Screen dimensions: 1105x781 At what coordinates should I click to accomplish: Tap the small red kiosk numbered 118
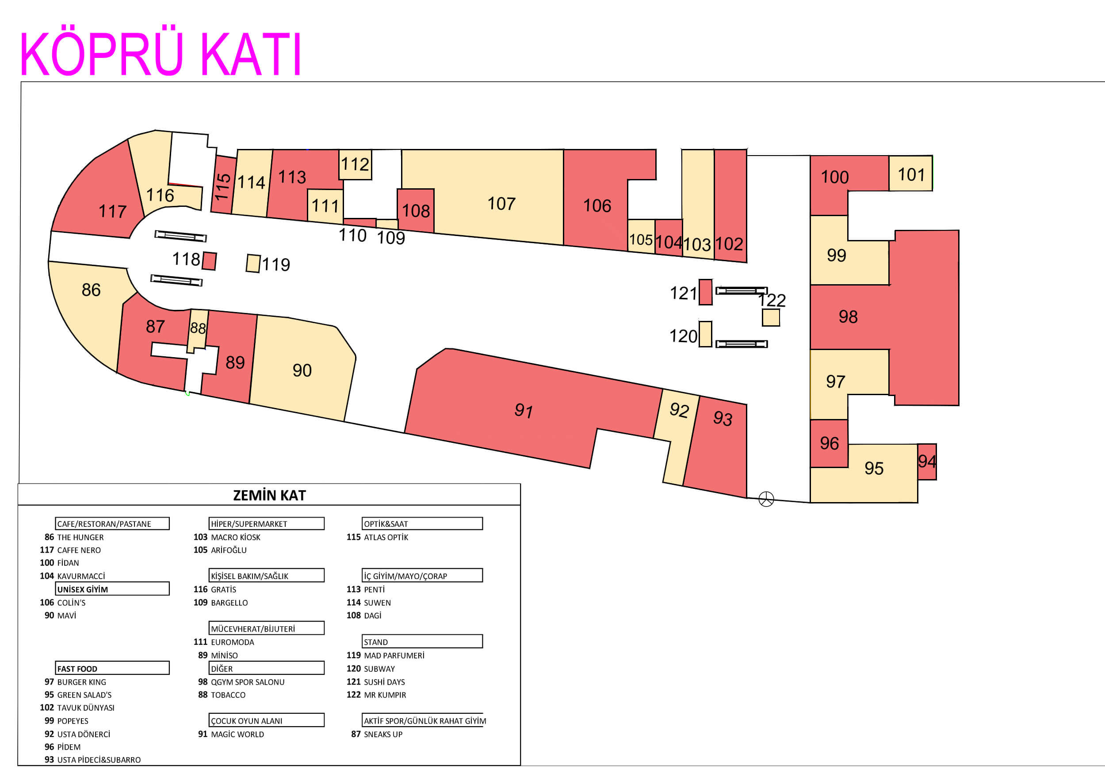click(209, 261)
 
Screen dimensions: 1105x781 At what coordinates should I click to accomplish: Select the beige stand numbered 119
click(253, 263)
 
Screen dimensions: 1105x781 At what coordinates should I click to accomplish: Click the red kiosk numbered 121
click(705, 292)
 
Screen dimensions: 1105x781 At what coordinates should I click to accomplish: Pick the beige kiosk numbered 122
click(771, 318)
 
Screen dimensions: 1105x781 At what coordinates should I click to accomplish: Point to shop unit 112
click(355, 164)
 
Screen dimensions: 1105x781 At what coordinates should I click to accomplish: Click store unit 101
click(910, 174)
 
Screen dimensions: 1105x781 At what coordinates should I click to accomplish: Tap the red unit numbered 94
click(926, 461)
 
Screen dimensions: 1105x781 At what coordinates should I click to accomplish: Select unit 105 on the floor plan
click(641, 237)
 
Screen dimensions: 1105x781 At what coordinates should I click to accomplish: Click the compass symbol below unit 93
click(766, 499)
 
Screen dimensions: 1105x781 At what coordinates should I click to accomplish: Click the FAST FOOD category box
click(112, 668)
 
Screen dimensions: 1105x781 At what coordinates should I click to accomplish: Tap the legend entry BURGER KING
click(82, 682)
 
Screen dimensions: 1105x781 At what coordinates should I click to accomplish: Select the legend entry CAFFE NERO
click(79, 550)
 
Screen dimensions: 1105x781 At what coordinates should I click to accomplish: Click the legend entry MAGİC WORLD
click(237, 734)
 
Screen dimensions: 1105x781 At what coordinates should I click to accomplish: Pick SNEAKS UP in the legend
click(383, 734)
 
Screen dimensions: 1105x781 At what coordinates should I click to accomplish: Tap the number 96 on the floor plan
click(829, 443)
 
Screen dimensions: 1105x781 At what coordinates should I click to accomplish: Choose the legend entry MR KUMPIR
click(385, 695)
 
